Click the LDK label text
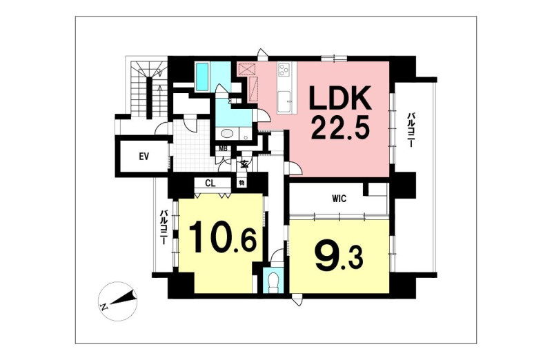(x=340, y=98)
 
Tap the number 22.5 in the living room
(x=340, y=128)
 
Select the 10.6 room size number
(x=222, y=237)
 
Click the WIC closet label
(x=339, y=199)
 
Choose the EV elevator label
(x=144, y=157)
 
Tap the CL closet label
(x=210, y=183)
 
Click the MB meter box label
(x=223, y=148)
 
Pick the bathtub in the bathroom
(x=202, y=76)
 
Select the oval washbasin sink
(x=227, y=134)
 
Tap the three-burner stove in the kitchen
(x=284, y=70)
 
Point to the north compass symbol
(x=117, y=301)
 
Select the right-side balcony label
(x=411, y=130)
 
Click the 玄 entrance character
(x=244, y=164)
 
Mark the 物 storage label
(x=242, y=183)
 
